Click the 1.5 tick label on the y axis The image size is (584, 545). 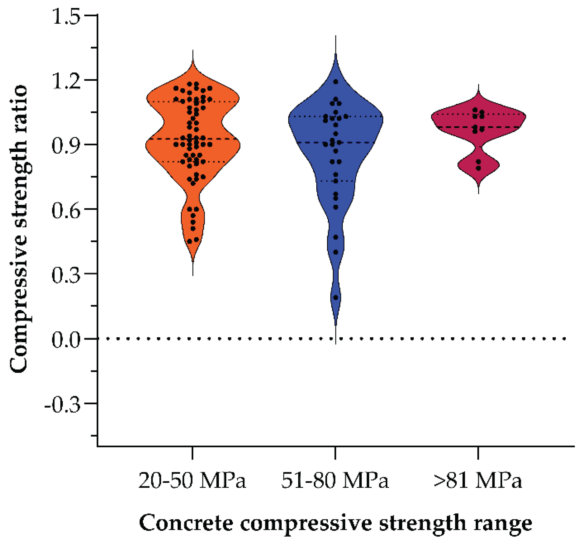[66, 16]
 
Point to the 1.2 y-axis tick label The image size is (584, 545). [66, 81]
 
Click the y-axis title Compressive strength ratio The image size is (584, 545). [19, 228]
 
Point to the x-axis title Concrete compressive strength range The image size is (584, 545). [335, 523]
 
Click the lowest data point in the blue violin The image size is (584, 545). [336, 297]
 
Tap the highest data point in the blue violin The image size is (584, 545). [336, 82]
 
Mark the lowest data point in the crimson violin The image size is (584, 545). [478, 168]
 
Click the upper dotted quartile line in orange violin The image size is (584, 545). [164, 102]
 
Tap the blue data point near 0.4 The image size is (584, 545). [336, 252]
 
